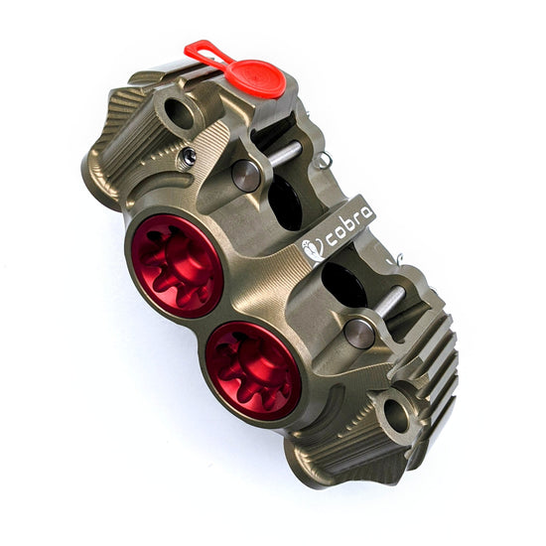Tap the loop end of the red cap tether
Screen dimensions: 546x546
click(x=197, y=49)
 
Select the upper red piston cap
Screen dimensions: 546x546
click(x=176, y=263)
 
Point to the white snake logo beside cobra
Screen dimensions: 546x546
click(x=314, y=248)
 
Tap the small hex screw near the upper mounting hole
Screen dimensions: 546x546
click(x=186, y=156)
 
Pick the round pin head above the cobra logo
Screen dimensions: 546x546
click(x=245, y=175)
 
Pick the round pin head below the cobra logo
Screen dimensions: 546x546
click(x=360, y=333)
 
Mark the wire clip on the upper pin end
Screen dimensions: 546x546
click(x=319, y=157)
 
